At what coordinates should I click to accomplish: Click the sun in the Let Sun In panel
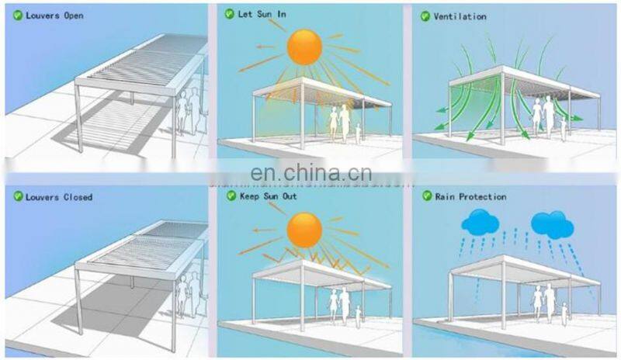point(304,47)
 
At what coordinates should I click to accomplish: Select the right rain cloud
point(552,224)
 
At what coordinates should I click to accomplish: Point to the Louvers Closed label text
point(57,197)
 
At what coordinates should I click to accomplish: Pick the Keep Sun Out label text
point(267,196)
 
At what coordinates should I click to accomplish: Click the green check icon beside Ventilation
point(425,16)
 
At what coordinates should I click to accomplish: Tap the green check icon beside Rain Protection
point(426,196)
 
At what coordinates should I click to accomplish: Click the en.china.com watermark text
point(310,172)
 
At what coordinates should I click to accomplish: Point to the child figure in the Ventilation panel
point(563,130)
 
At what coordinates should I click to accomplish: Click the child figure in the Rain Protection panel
point(563,313)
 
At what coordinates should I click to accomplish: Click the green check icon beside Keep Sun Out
point(231,196)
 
